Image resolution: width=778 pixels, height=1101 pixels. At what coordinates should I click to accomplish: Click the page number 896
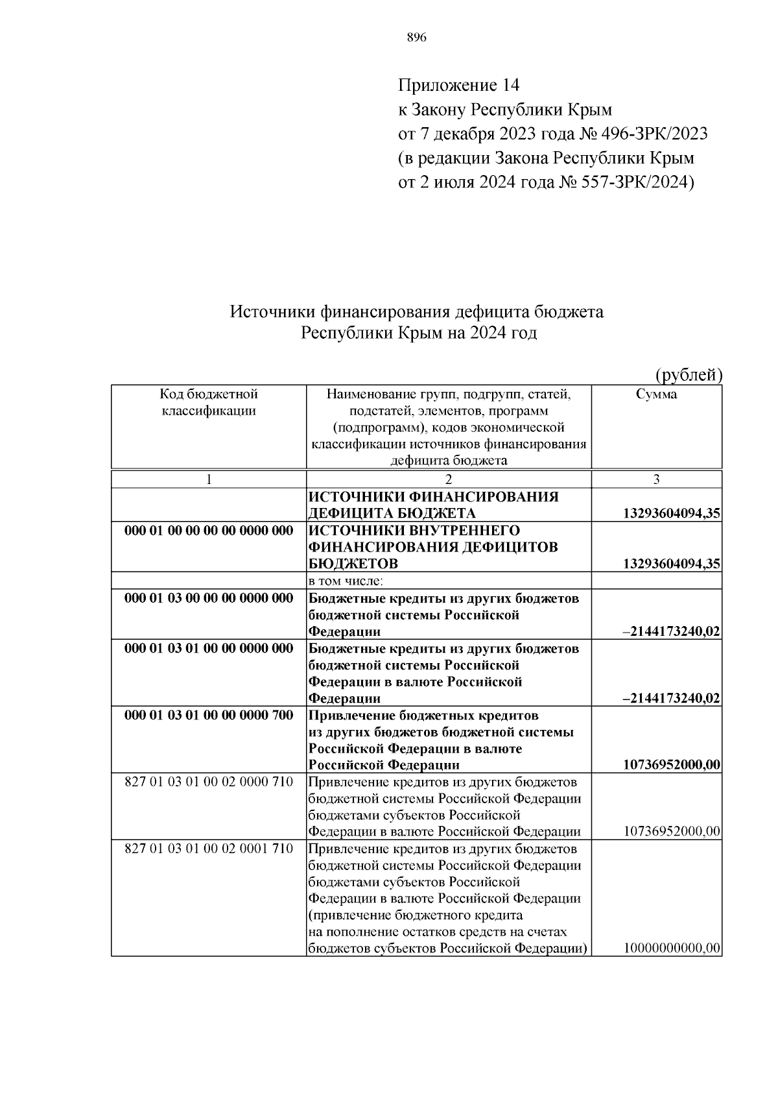coord(416,38)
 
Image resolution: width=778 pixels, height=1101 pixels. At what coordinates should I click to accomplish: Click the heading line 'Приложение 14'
coord(458,85)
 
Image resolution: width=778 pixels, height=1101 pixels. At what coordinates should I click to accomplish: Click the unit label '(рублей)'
coord(689,374)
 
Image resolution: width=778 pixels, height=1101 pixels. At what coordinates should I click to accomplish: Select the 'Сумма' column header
coord(656,394)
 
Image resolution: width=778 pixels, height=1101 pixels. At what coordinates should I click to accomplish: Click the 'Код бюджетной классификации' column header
coord(208,402)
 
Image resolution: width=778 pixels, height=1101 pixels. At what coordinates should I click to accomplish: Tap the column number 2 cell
coord(448,479)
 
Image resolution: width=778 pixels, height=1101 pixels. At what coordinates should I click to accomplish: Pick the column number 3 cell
coord(656,479)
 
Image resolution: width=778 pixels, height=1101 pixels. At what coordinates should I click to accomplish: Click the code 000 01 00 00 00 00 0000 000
coord(208,531)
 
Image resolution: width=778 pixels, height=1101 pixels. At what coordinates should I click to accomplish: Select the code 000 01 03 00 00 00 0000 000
coord(208,598)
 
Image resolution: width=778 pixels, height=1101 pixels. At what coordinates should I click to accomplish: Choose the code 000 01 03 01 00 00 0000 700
coord(208,715)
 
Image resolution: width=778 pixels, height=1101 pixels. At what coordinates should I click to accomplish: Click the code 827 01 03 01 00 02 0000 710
coord(208,782)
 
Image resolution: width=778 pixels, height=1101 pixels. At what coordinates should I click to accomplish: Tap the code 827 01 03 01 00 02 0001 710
coord(208,849)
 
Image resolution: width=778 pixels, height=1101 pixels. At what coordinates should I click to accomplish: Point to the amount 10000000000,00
coord(672,949)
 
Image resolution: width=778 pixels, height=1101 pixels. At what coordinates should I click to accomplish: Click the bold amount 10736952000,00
coord(671,765)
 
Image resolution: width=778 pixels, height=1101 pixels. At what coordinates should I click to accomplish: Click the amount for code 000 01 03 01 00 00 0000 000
coord(671,698)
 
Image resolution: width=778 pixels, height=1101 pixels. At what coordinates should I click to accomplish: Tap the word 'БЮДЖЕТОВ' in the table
coord(353,563)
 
